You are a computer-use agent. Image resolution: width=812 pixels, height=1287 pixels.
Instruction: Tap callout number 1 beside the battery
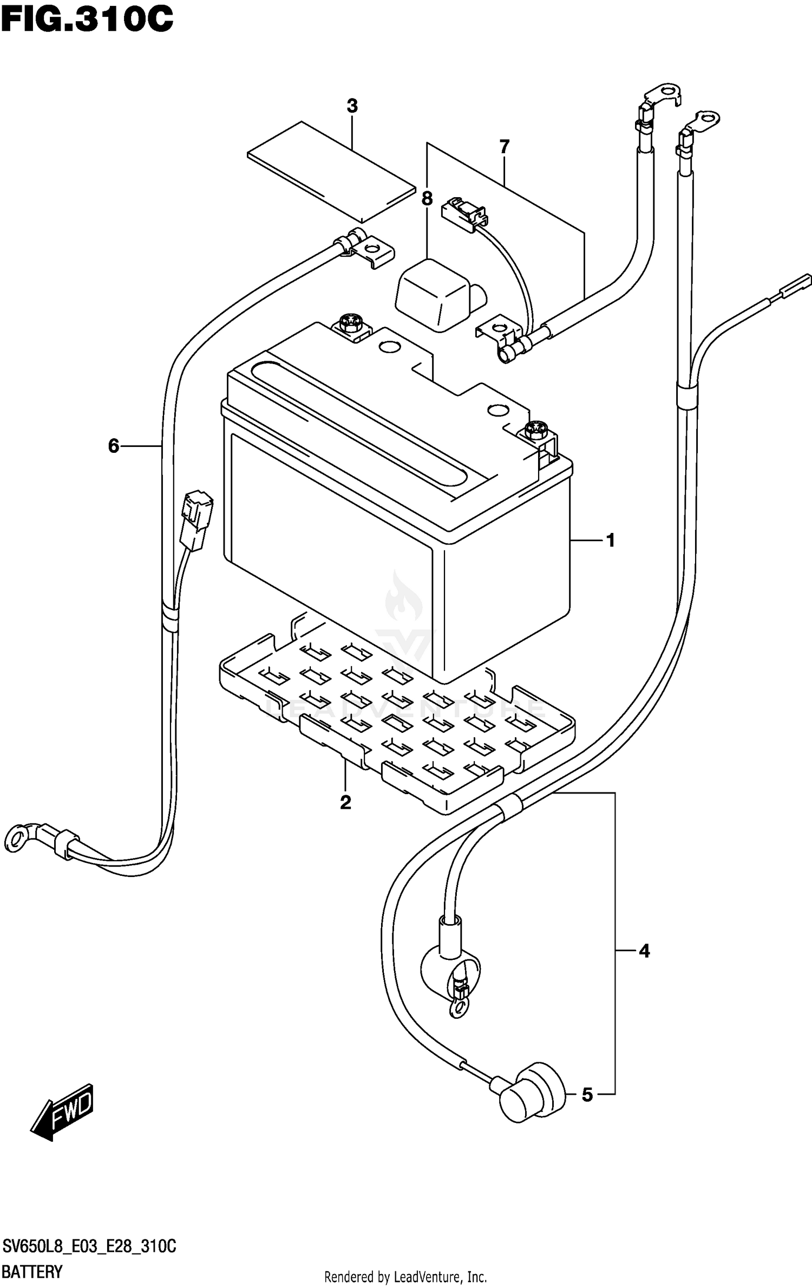pyautogui.click(x=611, y=540)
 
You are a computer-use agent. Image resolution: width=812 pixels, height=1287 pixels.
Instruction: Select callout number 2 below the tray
pyautogui.click(x=345, y=802)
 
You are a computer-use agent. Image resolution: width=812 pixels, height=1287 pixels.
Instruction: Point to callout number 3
pyautogui.click(x=352, y=106)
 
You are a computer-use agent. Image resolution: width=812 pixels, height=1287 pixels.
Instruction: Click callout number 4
pyautogui.click(x=644, y=951)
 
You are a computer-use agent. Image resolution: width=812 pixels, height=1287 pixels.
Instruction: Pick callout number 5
pyautogui.click(x=587, y=1095)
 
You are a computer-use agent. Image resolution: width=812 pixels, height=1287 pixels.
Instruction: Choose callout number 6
pyautogui.click(x=113, y=446)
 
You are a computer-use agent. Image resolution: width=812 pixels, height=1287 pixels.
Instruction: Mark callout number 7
pyautogui.click(x=504, y=146)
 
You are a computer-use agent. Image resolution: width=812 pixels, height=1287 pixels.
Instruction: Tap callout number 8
pyautogui.click(x=427, y=199)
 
